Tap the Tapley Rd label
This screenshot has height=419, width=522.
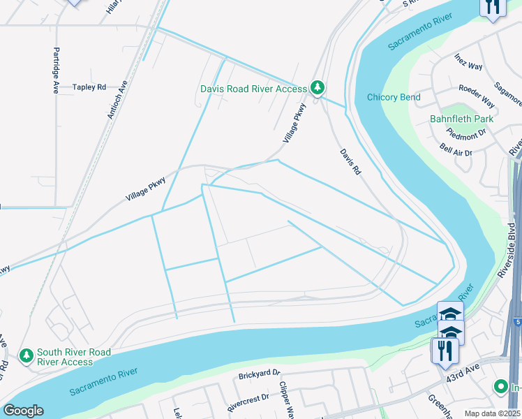tap(89, 87)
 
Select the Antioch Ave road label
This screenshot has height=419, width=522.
tap(117, 99)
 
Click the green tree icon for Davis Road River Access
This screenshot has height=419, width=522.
tap(318, 88)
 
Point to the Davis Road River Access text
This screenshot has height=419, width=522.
tap(253, 89)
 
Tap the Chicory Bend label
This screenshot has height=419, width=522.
tap(394, 97)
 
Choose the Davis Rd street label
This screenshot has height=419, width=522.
tap(350, 161)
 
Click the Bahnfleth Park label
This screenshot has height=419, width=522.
tap(461, 119)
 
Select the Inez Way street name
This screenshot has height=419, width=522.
tap(468, 61)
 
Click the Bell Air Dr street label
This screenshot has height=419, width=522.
tap(456, 150)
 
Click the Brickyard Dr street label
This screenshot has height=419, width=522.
tap(258, 374)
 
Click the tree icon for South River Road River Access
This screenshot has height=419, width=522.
tap(27, 356)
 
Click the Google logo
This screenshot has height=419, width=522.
tap(22, 411)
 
